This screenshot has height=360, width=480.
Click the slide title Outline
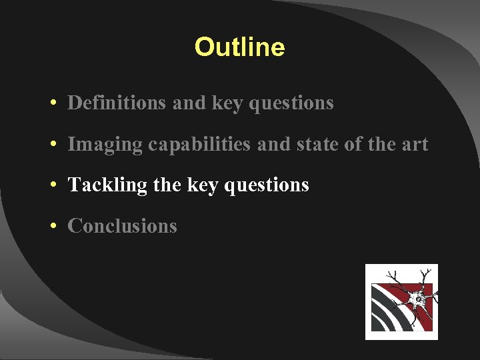coord(239,47)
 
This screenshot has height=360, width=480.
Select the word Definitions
coord(117,103)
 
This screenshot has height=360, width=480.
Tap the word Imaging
coord(105,144)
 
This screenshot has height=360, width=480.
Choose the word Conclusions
coord(122,226)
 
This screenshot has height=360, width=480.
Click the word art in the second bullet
coord(414,144)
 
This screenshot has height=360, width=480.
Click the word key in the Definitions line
coord(227,103)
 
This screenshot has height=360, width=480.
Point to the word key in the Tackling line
coord(203,185)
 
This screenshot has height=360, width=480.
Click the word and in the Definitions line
coord(189,103)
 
